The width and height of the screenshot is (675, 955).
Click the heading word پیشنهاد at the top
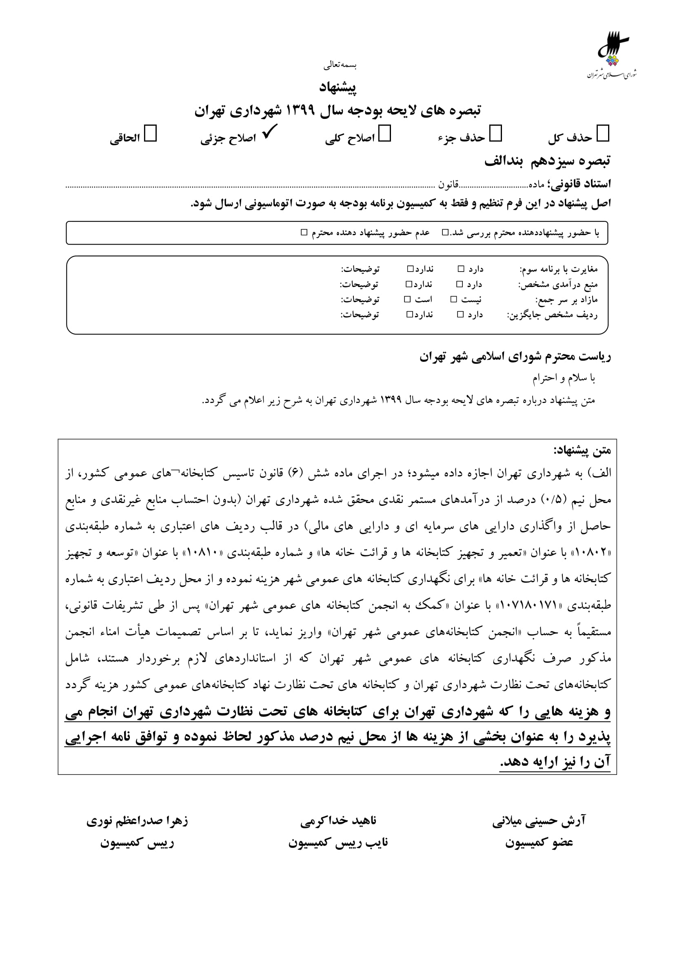click(337, 87)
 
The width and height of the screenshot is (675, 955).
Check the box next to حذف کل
click(602, 134)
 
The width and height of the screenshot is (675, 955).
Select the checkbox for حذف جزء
click(495, 134)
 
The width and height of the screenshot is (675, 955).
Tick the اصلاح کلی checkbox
click(384, 134)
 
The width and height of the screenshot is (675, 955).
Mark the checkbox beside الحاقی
click(150, 134)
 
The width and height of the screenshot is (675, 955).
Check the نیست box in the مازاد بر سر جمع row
click(454, 299)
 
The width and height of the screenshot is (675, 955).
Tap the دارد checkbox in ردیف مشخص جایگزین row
click(460, 315)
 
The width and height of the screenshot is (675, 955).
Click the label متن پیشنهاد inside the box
click(582, 450)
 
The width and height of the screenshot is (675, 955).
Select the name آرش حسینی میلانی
click(539, 821)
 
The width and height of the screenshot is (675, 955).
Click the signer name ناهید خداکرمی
click(338, 821)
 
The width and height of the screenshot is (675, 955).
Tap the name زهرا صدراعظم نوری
click(137, 821)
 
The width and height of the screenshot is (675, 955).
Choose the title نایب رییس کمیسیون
click(338, 843)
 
